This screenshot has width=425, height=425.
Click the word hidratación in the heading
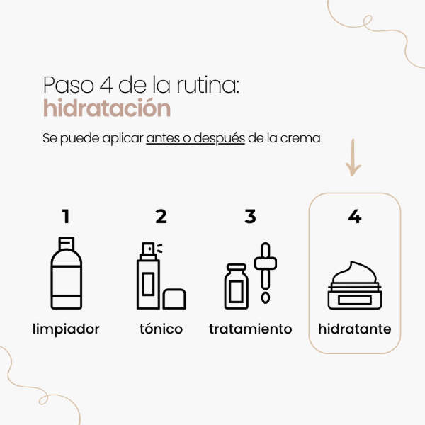click(x=107, y=109)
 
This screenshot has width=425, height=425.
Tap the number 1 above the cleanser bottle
click(x=66, y=216)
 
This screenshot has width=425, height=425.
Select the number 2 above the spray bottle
click(x=161, y=216)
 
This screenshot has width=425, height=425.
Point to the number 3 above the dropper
click(x=250, y=216)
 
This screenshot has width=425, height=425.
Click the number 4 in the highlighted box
click(x=355, y=216)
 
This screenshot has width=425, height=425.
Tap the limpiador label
click(x=66, y=329)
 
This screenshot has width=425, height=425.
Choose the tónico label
click(x=161, y=329)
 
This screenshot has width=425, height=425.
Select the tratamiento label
click(x=251, y=329)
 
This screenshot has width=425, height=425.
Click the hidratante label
click(x=355, y=329)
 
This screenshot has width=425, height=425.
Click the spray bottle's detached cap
click(x=174, y=298)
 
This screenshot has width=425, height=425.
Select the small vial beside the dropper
click(x=235, y=286)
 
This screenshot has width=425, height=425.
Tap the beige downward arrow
click(x=353, y=159)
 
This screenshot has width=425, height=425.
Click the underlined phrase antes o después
click(x=195, y=137)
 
